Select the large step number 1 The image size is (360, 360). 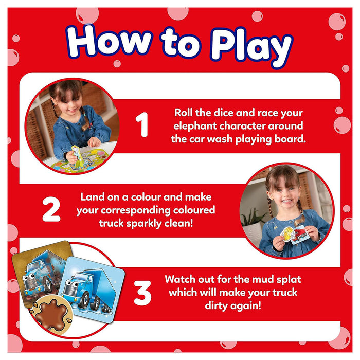point(141,124)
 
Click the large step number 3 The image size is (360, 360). point(142,293)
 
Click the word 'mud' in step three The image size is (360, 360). point(263,279)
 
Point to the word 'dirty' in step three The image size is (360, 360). point(216,306)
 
